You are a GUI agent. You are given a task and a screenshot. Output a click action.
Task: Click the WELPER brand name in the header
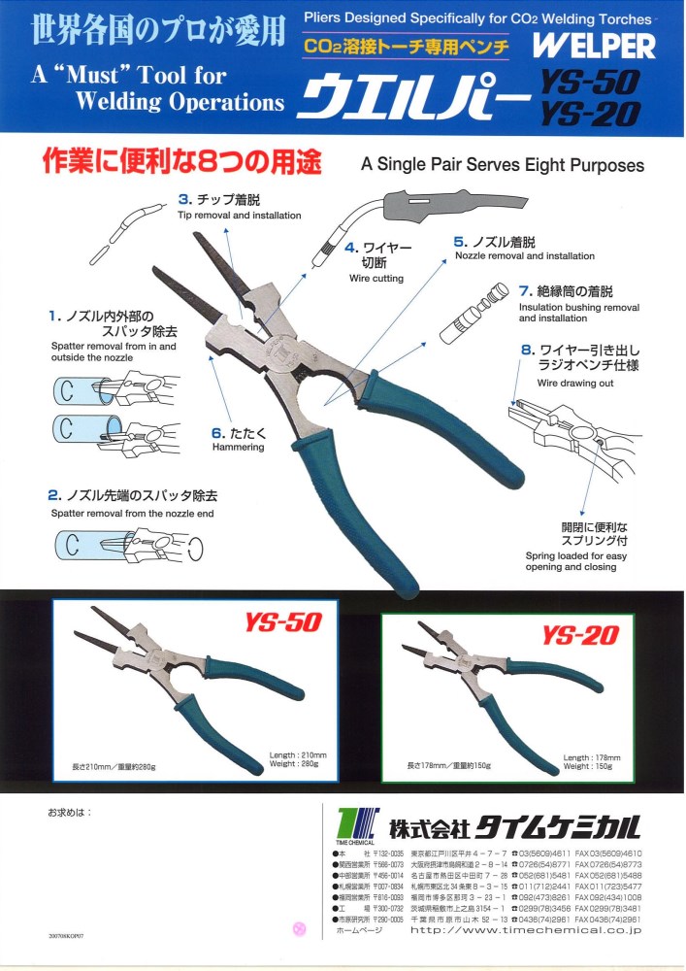pos(594,46)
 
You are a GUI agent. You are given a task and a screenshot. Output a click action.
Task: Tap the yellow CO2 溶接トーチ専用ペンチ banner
pos(412,46)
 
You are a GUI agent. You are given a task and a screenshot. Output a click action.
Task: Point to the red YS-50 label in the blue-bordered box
pos(280,622)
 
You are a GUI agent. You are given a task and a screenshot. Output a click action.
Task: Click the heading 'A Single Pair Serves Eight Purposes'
pos(502,165)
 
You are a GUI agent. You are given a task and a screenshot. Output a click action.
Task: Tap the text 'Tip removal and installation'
pos(239,216)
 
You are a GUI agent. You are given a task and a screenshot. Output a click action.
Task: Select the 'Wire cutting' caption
pos(376,279)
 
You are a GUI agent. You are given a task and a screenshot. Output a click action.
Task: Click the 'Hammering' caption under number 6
pos(238,448)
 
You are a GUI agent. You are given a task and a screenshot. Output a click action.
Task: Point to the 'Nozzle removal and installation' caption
pos(525,256)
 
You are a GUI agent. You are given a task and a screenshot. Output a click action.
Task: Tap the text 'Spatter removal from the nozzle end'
pos(132,513)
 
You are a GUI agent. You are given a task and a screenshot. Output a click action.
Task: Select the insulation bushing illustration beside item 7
pos(474,310)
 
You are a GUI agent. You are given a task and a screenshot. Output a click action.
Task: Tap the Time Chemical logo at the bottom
pos(354,826)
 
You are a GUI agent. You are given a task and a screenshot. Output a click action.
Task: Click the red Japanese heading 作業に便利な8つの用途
pos(180,161)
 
